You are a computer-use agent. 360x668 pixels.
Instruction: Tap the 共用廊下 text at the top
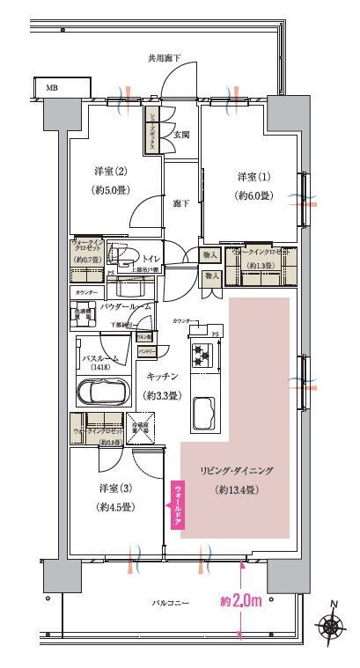(x=165, y=57)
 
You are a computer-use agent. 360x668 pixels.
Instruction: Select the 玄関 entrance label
(x=181, y=135)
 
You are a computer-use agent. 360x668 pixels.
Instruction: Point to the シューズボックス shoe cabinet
(x=152, y=132)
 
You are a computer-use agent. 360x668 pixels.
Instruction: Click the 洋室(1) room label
(x=252, y=176)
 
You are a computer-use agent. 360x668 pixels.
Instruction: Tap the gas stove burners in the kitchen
(x=198, y=356)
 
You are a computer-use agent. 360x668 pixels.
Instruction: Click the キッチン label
(x=163, y=376)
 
